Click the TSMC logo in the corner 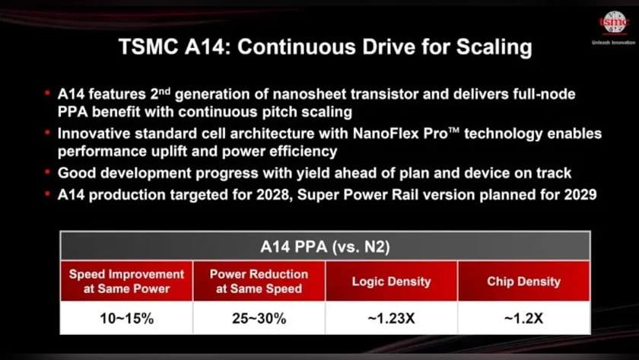tap(613, 22)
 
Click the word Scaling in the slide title tap(494, 47)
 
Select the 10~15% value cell tap(126, 318)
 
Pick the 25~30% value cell tap(259, 318)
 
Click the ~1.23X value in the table tap(391, 318)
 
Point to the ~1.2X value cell tap(523, 318)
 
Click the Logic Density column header tap(391, 282)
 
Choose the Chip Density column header tap(523, 282)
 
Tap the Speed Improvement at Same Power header tap(126, 282)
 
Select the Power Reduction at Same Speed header tap(259, 282)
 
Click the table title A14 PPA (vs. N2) tap(325, 247)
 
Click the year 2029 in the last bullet tap(580, 195)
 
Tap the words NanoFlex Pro tap(401, 134)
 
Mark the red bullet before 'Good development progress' tap(47, 172)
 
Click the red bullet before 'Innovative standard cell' tap(47, 132)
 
